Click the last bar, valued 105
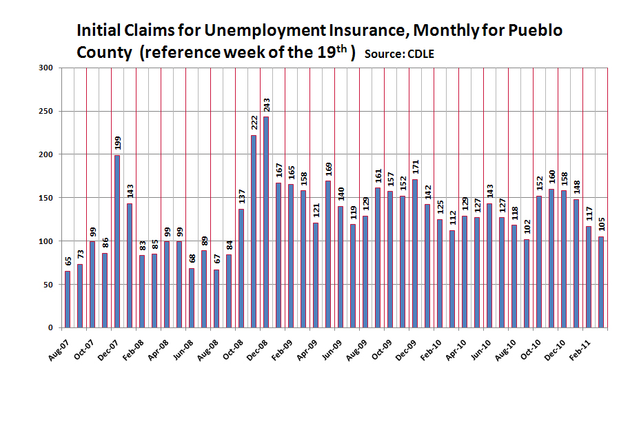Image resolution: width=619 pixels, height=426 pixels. point(601,282)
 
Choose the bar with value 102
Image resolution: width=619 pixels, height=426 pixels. point(527,283)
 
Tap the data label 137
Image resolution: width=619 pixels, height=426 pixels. point(241,197)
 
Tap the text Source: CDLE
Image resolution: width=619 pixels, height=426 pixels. point(399,54)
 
